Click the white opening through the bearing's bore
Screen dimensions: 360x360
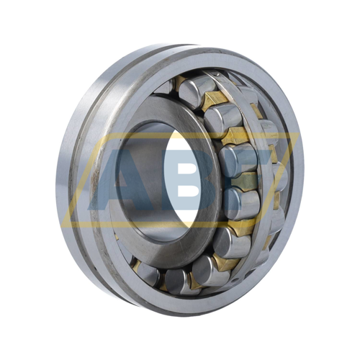(x=182, y=181)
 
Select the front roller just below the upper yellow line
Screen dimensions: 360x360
(x=238, y=160)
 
